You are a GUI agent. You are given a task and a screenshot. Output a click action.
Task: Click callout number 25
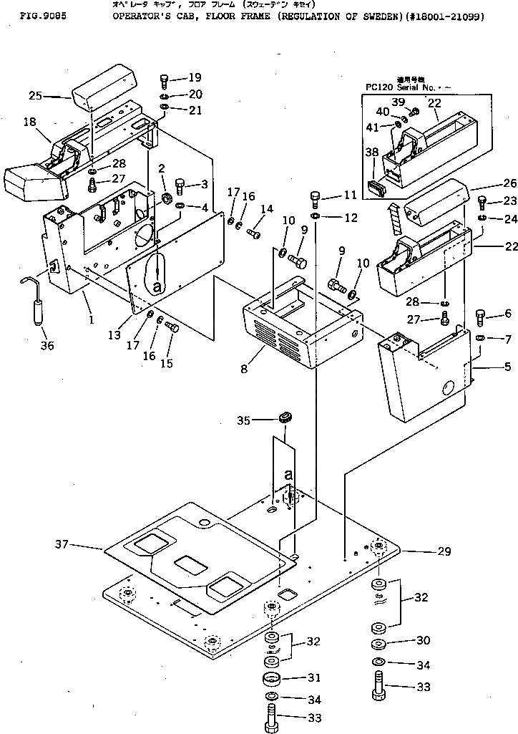pos(36,95)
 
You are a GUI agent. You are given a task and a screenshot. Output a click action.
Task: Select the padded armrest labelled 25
pos(100,85)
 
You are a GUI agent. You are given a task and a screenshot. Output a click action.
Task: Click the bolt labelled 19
pos(165,79)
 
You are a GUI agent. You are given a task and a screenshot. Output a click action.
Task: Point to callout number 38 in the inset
pos(371,153)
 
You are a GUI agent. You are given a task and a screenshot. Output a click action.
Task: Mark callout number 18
pos(29,122)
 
